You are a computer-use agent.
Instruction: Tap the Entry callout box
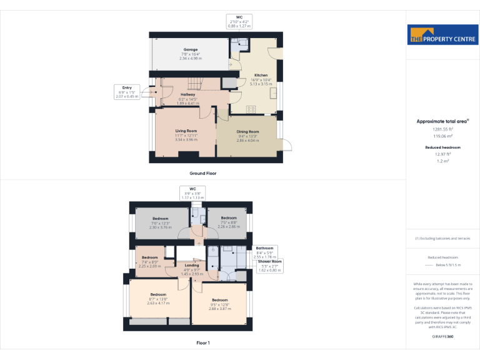coord(127,92)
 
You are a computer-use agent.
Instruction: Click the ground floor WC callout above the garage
coord(239,22)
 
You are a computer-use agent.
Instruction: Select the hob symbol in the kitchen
coord(252,109)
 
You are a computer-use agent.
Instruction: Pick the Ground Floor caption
coord(203,173)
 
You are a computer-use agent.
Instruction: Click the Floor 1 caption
coord(203,343)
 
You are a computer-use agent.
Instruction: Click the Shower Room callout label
coord(268,266)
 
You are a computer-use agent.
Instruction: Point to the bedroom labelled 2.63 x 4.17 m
coord(158,298)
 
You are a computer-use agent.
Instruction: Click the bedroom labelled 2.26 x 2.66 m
coord(229,222)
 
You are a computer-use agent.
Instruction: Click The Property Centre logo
coord(442,35)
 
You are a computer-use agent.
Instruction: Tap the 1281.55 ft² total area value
coord(442,129)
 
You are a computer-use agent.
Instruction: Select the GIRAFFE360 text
coord(442,336)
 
